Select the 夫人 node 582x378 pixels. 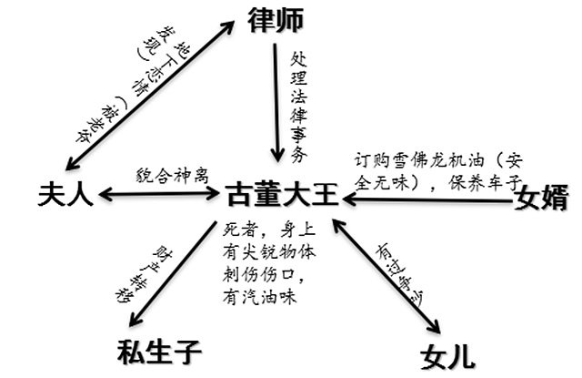66,193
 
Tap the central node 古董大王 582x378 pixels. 285,194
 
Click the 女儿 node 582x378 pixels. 448,354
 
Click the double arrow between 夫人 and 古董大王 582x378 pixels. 158,194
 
